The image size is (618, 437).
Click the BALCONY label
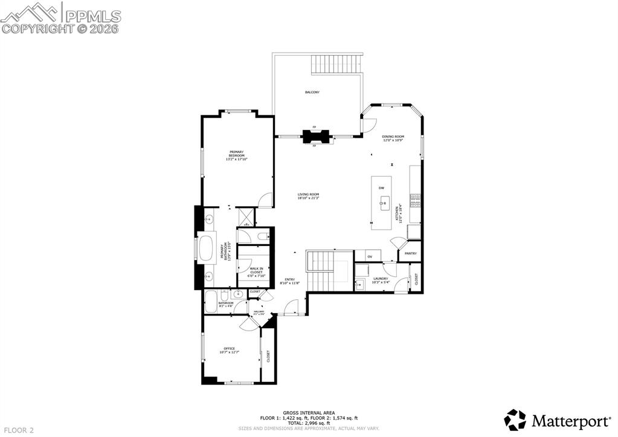pos(312,92)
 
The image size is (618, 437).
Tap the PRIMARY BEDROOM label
pos(236,156)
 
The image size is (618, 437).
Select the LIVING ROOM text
pos(308,196)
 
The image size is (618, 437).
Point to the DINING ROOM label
pos(393,138)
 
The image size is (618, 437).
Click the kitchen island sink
pos(383,204)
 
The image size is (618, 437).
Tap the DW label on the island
pos(381,189)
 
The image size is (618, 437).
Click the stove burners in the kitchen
pos(415,200)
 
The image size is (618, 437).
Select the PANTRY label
pos(411,253)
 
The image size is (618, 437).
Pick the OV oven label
pos(370,257)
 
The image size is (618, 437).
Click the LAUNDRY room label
pos(381,280)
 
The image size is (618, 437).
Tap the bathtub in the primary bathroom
pos(207,249)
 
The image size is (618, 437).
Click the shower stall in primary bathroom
pos(246,216)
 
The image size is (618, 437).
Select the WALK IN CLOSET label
pos(256,270)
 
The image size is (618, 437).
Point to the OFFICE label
pos(229,350)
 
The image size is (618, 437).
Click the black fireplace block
pos(314,136)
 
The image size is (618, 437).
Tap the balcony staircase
pos(337,64)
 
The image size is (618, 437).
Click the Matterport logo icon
pos(515,419)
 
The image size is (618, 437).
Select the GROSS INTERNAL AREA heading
pos(309,413)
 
